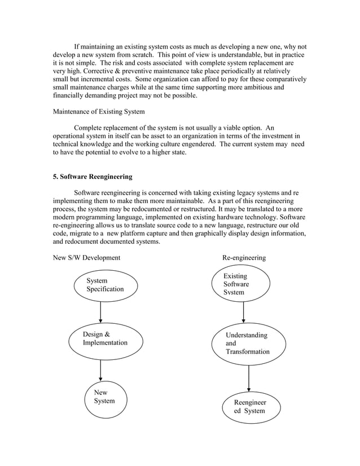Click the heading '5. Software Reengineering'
tap(93, 177)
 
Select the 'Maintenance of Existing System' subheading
tap(99, 111)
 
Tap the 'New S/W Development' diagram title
tap(86, 257)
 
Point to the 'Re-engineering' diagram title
tap(244, 257)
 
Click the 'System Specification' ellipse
tap(106, 285)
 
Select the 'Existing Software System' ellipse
tap(241, 284)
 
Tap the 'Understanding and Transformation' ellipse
tap(248, 344)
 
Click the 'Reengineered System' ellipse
tap(250, 407)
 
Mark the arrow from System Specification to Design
tap(100, 311)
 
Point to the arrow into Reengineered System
tap(248, 378)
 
